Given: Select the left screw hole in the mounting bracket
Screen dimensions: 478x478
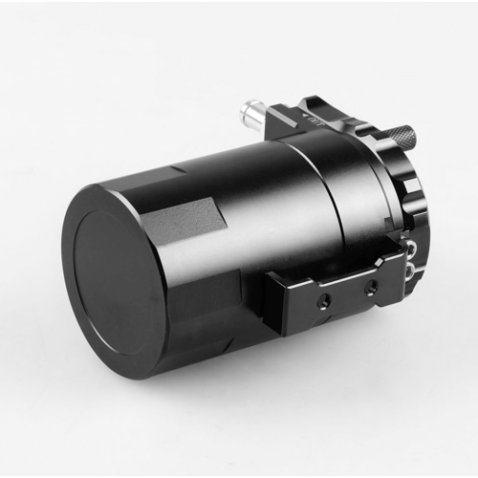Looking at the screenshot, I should click(x=322, y=298).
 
